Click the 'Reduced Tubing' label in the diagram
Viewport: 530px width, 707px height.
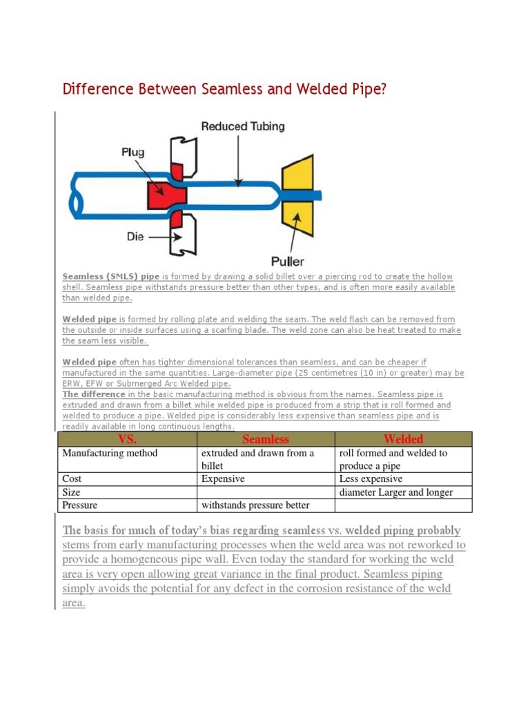point(242,126)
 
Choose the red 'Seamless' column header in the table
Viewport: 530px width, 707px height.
point(266,439)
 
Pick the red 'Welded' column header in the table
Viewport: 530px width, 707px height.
point(403,439)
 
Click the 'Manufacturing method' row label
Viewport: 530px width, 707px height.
point(110,454)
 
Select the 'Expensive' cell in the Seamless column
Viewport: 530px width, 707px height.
point(223,478)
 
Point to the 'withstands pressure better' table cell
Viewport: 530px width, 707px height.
point(255,505)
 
